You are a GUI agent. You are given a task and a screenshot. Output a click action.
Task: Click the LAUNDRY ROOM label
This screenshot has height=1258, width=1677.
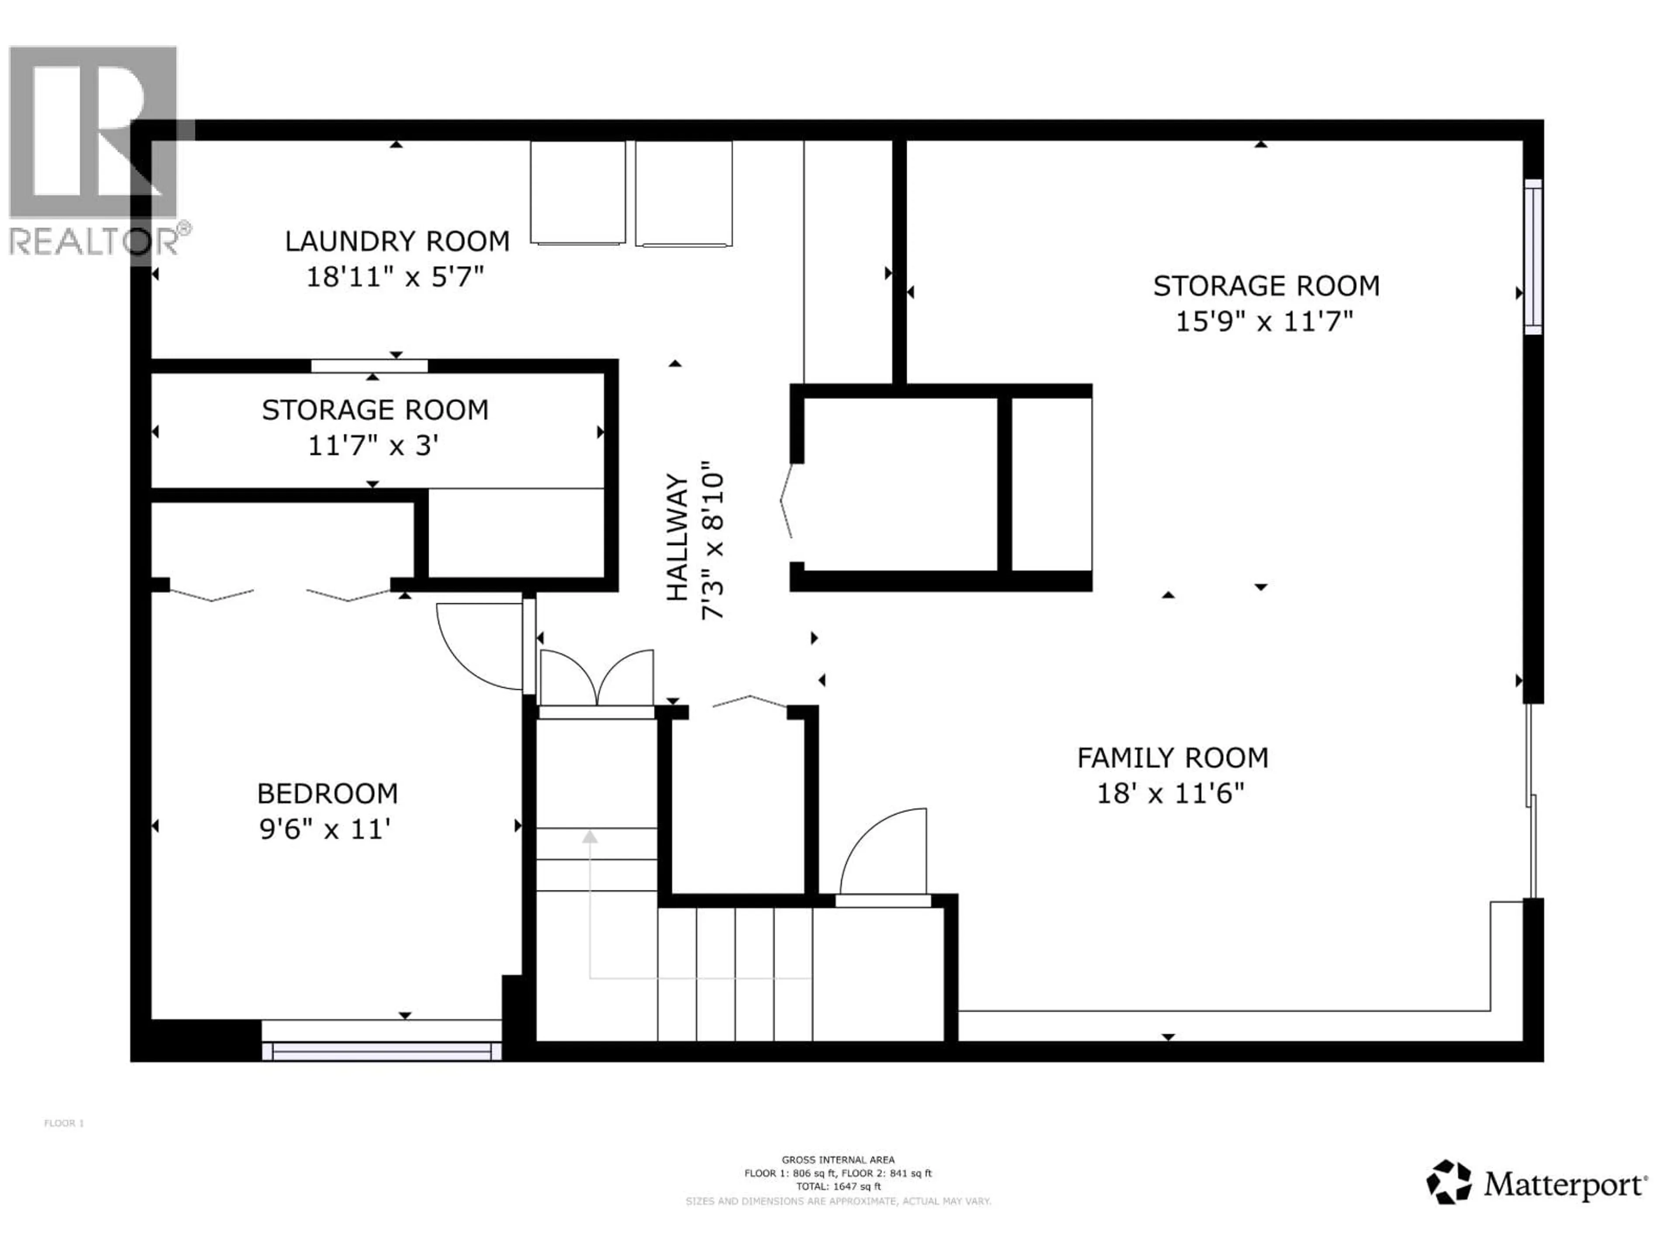pyautogui.click(x=397, y=241)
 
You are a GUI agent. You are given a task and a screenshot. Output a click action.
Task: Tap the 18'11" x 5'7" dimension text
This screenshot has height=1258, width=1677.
pyautogui.click(x=394, y=277)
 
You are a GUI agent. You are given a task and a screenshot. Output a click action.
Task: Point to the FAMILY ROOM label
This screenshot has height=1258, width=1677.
pyautogui.click(x=1172, y=757)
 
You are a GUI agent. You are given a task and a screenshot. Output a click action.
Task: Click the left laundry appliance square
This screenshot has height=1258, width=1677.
pyautogui.click(x=578, y=193)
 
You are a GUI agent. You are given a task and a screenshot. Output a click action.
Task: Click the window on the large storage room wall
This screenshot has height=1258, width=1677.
pyautogui.click(x=1533, y=256)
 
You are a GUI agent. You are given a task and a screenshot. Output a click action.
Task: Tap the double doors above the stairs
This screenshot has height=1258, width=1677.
pyautogui.click(x=597, y=679)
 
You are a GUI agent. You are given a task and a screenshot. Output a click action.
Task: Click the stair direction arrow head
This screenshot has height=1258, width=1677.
pyautogui.click(x=590, y=836)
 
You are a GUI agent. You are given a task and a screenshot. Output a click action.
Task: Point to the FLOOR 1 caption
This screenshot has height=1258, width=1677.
pyautogui.click(x=65, y=1123)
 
